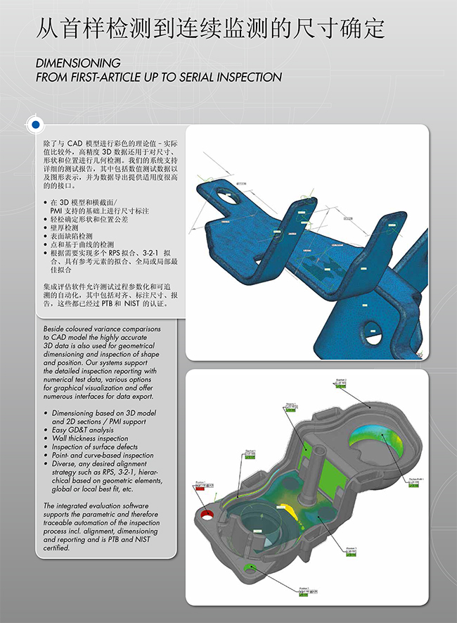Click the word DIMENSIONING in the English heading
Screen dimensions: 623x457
(78, 63)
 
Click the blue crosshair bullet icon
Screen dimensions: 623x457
(34, 124)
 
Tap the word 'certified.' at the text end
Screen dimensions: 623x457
(56, 548)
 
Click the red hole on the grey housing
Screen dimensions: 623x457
(210, 515)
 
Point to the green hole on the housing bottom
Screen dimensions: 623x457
(248, 567)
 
